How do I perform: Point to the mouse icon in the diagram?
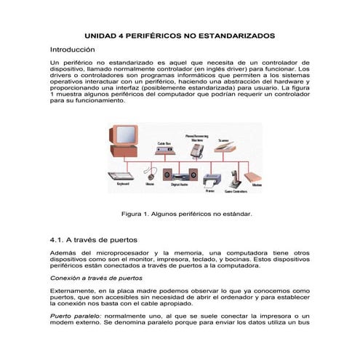(x=150, y=175)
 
